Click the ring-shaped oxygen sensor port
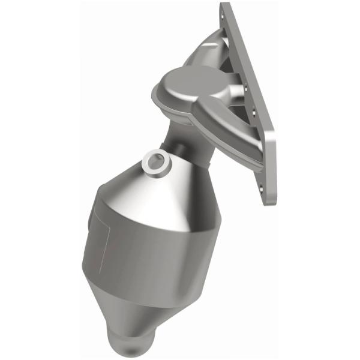pyautogui.click(x=155, y=162)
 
